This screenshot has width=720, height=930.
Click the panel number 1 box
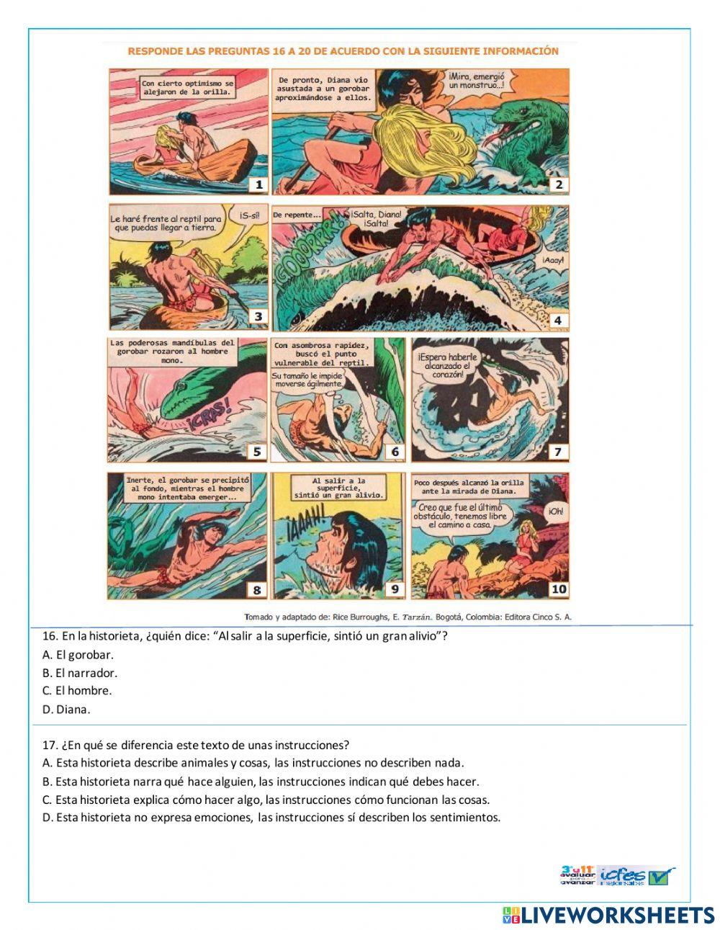coord(258,185)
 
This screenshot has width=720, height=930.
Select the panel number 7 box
coord(558,452)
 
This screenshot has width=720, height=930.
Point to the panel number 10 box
coord(558,589)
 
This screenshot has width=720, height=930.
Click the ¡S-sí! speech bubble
coord(250,214)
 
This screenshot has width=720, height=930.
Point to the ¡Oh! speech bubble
coord(555,511)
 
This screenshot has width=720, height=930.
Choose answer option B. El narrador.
coord(80,674)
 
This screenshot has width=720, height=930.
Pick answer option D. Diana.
coord(67,710)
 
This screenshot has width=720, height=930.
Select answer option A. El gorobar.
coord(78,655)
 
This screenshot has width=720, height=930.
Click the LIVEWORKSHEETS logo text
coord(616,915)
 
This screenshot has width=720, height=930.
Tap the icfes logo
coord(624,875)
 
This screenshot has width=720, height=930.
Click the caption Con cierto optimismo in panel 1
coord(187,88)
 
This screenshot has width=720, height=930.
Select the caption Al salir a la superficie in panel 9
coord(339,488)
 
